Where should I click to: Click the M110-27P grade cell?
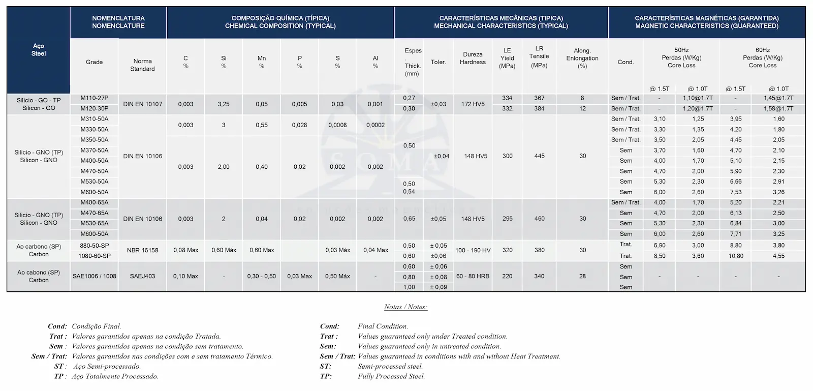tap(95, 98)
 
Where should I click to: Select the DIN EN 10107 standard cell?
tap(142, 104)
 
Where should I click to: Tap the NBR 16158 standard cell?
tap(142, 250)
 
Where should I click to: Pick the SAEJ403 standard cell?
tap(142, 276)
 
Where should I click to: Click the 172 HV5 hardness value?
tap(473, 104)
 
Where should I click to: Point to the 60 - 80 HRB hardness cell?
tap(473, 276)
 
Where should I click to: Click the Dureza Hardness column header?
tap(473, 58)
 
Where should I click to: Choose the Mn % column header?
tap(262, 62)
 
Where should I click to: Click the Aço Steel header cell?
tap(39, 49)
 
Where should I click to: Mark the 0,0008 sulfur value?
tap(337, 125)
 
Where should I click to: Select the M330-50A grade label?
tap(95, 130)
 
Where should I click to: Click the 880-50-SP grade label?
tap(95, 246)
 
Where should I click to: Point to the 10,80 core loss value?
tap(736, 256)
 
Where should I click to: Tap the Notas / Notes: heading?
tap(405, 307)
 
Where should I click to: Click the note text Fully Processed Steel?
tap(391, 377)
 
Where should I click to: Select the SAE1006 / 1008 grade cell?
tap(95, 276)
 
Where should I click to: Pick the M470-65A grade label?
tap(95, 213)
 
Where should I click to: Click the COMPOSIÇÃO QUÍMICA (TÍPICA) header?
tap(280, 18)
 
